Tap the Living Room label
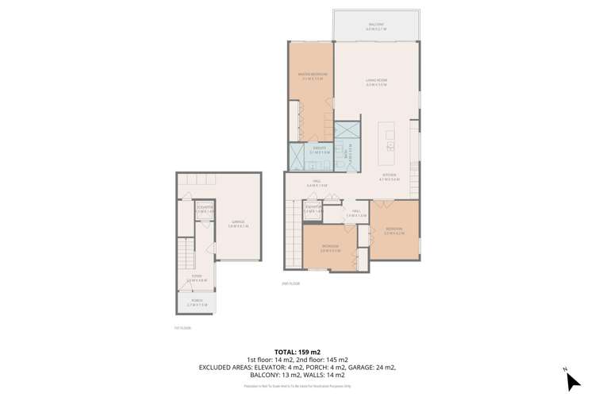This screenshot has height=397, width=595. (x=376, y=82)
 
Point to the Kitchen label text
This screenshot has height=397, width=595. (x=389, y=179)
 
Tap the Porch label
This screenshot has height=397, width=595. (x=197, y=303)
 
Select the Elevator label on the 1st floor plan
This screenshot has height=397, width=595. (x=205, y=210)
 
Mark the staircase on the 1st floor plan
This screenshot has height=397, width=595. (x=186, y=256)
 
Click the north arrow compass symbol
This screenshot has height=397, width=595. (x=570, y=379)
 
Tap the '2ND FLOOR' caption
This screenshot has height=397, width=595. (x=290, y=283)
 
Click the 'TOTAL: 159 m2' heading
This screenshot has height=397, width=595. (x=297, y=350)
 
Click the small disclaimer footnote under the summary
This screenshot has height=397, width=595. (x=297, y=385)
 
